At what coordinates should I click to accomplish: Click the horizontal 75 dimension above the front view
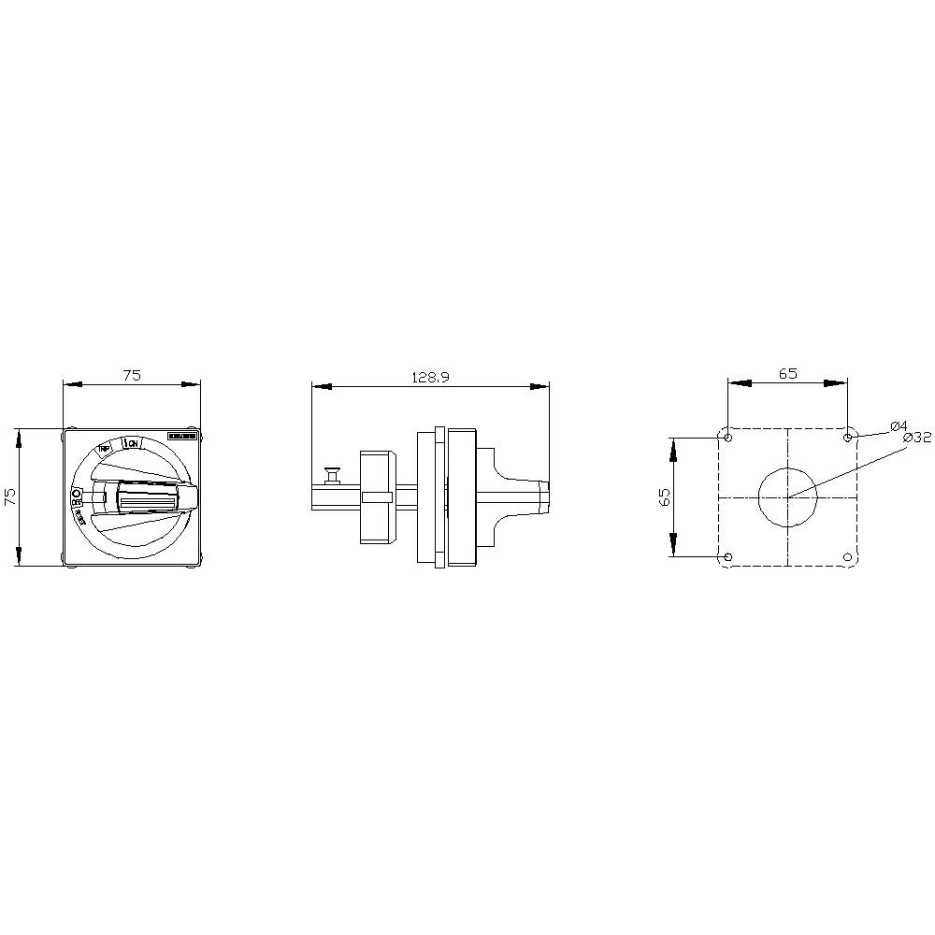click(x=132, y=375)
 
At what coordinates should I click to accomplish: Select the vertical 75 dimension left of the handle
click(x=10, y=496)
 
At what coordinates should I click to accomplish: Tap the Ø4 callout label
click(x=899, y=425)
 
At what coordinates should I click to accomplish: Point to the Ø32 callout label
click(x=917, y=437)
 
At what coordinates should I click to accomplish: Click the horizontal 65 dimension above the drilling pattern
click(x=787, y=373)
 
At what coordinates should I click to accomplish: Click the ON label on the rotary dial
click(x=133, y=443)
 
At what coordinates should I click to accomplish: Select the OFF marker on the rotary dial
click(x=76, y=493)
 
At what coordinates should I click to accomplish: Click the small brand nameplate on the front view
click(x=181, y=437)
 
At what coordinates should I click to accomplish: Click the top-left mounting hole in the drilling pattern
click(x=728, y=438)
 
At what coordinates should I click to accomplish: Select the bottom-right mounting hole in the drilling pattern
click(x=847, y=557)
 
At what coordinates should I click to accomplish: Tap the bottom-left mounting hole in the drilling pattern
click(x=728, y=557)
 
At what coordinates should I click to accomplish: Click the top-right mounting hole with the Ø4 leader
click(x=847, y=438)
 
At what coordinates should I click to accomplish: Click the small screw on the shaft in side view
click(x=330, y=476)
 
